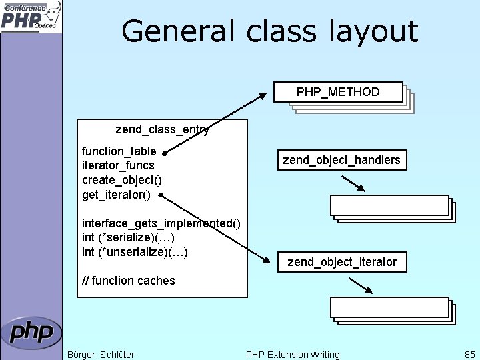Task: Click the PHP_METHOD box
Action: pos(338,92)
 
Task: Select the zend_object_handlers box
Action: pos(341,160)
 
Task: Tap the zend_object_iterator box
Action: pos(341,262)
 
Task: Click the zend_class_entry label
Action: pos(162,129)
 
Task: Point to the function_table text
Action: pos(119,151)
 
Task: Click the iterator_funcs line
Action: pos(118,165)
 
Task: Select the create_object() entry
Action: pos(121,180)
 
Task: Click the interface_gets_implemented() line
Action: pos(161,223)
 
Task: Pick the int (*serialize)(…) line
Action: pos(128,237)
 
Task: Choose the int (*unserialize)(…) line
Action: pos(135,252)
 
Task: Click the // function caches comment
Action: pos(128,281)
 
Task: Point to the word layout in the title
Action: pos(376,31)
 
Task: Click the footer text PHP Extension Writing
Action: pos(293,355)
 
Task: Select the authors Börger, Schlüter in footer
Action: pos(101,355)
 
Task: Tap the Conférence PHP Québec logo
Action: pos(31,17)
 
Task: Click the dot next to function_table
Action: pos(164,152)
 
